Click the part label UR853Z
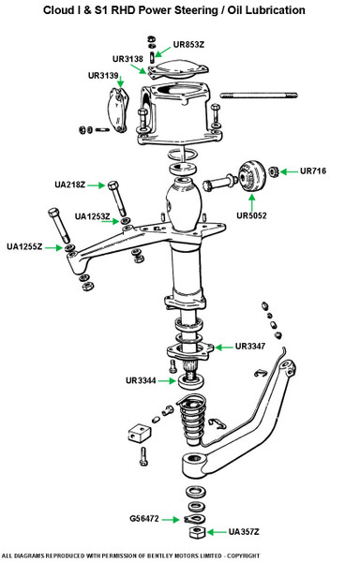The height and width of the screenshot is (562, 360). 188,45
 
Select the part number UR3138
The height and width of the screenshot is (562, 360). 127,59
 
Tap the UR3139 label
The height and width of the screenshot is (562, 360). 103,76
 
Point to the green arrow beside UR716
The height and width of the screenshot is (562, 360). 290,171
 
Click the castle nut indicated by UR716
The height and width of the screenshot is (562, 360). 274,172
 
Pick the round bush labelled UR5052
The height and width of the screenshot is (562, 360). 251,176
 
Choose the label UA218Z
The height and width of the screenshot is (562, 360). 70,185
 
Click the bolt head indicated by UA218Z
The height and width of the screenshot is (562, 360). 112,185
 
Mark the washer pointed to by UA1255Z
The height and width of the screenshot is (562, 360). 68,247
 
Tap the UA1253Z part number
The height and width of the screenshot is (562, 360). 92,216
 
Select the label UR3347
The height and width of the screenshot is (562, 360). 250,347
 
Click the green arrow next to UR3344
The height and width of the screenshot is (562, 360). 167,380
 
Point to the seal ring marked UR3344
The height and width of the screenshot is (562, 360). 191,380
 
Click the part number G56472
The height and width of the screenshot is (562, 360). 144,519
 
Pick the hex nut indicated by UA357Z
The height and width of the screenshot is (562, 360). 197,532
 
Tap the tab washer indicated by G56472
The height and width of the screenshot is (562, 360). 194,519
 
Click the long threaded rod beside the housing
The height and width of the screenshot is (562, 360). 259,96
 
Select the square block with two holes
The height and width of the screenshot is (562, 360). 138,433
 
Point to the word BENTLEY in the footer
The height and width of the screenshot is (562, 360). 161,555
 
